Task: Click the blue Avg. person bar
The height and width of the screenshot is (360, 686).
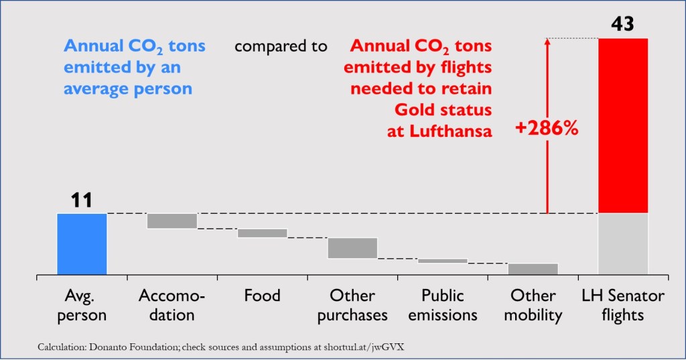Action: [82, 243]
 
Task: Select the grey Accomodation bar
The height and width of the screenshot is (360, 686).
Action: [171, 221]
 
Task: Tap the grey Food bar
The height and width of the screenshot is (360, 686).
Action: [262, 233]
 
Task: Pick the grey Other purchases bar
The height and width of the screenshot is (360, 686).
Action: [352, 247]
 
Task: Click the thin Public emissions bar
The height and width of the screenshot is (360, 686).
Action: [442, 261]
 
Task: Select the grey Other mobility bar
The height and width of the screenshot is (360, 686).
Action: [533, 269]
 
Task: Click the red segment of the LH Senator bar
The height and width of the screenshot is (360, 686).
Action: [623, 125]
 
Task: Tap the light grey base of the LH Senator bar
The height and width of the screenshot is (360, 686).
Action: [623, 243]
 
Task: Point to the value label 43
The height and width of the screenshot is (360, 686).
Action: [623, 25]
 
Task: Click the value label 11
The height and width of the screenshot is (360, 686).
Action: [82, 200]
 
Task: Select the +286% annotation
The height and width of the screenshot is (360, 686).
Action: [546, 129]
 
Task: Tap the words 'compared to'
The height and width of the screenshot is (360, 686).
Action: [281, 46]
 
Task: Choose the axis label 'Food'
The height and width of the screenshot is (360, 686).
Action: [262, 296]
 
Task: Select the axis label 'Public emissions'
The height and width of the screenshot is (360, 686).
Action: [442, 305]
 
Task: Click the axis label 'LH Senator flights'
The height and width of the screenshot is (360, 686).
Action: [623, 305]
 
